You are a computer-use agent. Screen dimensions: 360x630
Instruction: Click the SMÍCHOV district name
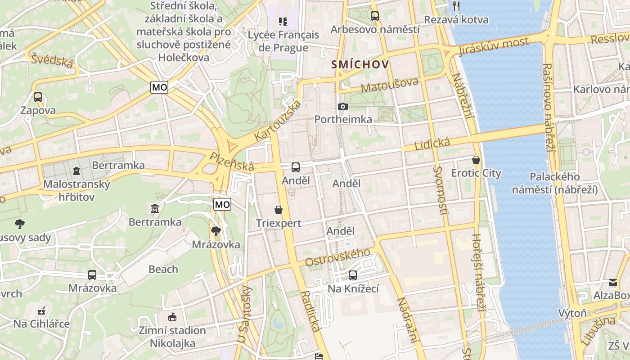[360, 65]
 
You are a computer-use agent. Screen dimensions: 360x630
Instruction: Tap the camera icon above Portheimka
[343, 107]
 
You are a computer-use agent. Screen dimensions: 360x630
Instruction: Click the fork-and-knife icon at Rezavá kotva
[456, 6]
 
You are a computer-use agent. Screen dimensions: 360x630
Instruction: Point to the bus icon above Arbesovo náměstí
[375, 16]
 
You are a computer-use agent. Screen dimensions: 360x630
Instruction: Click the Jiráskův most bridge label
[494, 47]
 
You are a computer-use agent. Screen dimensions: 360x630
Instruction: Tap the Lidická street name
[432, 144]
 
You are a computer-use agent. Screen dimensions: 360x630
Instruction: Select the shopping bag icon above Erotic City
[476, 160]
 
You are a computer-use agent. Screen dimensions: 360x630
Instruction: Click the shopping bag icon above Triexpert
[279, 210]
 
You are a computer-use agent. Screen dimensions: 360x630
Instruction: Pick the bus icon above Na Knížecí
[353, 275]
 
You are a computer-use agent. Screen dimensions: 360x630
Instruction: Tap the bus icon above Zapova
[38, 97]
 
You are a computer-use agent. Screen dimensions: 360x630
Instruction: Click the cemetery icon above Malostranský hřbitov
[76, 171]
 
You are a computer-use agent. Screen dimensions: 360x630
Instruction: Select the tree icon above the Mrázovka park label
[216, 231]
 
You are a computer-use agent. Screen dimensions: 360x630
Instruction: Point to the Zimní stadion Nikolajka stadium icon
[172, 317]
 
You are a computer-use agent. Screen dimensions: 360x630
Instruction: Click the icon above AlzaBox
[613, 283]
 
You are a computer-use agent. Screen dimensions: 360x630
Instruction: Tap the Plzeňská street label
[232, 161]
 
